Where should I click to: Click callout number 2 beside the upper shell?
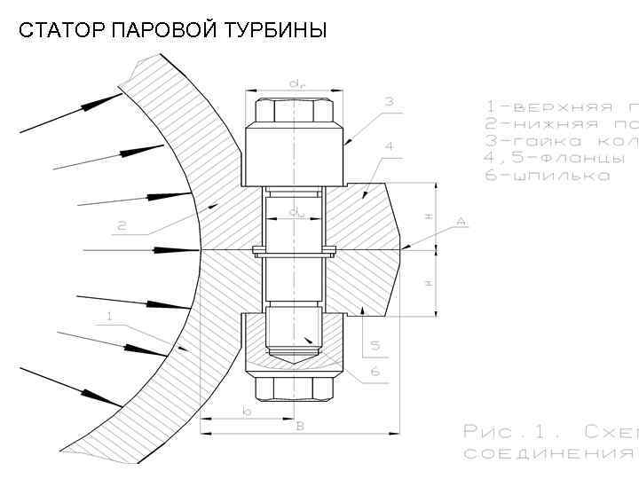point(122,226)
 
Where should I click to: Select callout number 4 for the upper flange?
point(389,145)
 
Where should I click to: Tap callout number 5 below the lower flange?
point(375,344)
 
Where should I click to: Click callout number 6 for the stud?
point(375,372)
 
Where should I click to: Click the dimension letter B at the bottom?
point(300,427)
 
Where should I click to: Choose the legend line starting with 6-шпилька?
point(548,176)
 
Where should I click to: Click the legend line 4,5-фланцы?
point(555,158)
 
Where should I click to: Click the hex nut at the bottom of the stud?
point(295,386)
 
